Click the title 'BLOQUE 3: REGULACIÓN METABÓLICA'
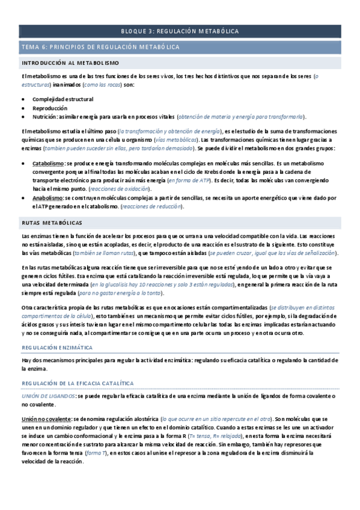180,31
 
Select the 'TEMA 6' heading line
104,47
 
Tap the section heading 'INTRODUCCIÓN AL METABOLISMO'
70,63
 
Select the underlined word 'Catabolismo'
48,163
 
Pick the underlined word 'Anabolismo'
47,197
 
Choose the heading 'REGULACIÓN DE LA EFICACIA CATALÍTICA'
78,383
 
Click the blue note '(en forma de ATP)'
189,180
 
